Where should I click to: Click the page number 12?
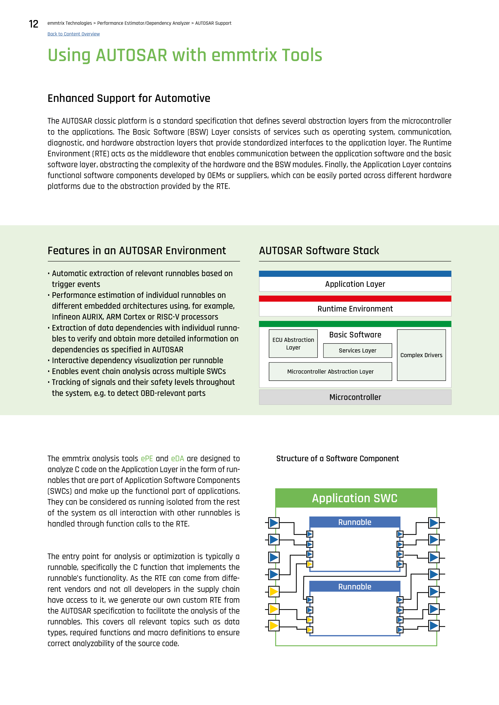34,24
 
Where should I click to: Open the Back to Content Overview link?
73,34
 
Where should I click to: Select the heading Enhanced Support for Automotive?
129,98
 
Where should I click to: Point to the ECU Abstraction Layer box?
293,344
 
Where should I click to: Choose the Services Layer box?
357,350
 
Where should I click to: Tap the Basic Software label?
355,335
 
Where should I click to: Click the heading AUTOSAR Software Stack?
319,251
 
